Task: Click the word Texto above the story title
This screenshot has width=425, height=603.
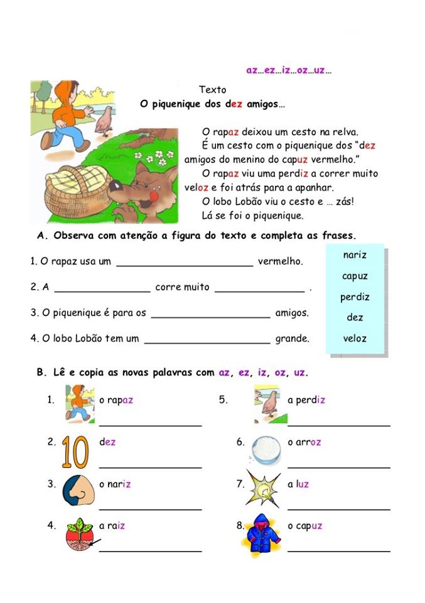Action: (212, 90)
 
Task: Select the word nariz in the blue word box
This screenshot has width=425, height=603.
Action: (355, 255)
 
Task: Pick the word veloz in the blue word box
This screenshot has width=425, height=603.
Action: (355, 339)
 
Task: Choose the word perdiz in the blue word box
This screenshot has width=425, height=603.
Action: (355, 297)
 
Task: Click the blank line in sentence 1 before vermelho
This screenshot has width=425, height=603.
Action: (185, 264)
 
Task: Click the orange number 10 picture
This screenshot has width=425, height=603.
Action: (75, 452)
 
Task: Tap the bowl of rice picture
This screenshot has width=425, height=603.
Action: (266, 450)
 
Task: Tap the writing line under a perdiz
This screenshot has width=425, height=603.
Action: (338, 425)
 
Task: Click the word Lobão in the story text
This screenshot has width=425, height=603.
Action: (256, 201)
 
